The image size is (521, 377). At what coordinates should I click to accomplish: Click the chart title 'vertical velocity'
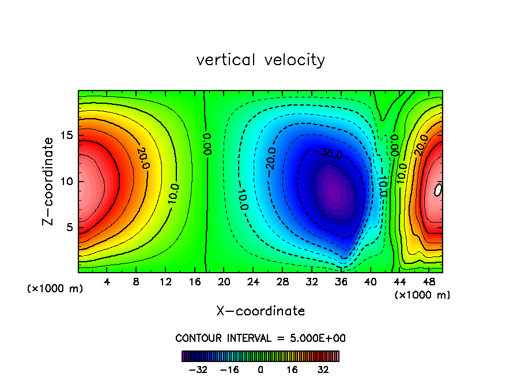click(260, 60)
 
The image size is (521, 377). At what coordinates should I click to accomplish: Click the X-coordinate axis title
click(260, 311)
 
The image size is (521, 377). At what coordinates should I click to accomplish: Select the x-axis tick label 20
click(224, 282)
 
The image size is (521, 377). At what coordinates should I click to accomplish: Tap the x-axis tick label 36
click(341, 282)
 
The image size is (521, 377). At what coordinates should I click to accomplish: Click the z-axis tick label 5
click(68, 227)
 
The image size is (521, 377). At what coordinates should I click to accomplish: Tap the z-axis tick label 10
click(65, 182)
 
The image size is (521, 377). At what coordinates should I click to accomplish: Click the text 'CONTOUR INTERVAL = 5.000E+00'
click(260, 338)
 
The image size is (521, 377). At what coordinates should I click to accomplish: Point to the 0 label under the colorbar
click(260, 369)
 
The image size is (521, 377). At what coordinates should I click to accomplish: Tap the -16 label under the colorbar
click(229, 369)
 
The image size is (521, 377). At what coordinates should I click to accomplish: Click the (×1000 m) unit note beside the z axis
click(55, 289)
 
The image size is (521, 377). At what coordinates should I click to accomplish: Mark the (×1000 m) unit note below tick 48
click(422, 295)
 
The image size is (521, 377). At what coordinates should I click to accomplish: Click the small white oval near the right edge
click(439, 189)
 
